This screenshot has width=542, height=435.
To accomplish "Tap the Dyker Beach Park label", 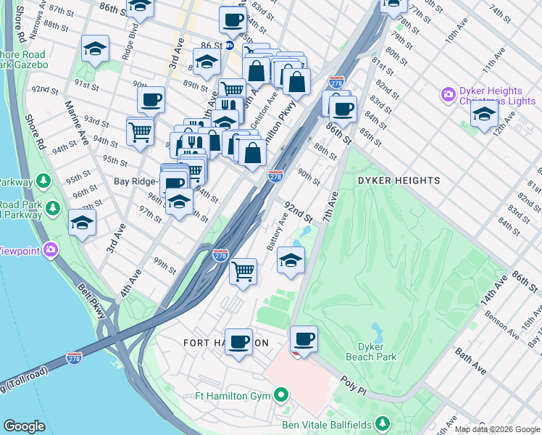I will (x=376, y=352).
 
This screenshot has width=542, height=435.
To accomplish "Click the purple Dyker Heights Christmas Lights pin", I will (x=448, y=94).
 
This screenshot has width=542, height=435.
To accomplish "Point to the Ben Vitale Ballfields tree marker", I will (x=383, y=424).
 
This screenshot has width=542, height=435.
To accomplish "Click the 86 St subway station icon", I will (x=229, y=45).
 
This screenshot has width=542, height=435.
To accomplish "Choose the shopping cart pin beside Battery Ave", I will (x=243, y=272).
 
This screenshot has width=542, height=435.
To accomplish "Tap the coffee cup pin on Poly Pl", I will (x=304, y=339).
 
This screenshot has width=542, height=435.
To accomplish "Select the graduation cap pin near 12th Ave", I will (x=484, y=114).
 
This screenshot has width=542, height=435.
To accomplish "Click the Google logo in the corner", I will (x=24, y=426).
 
